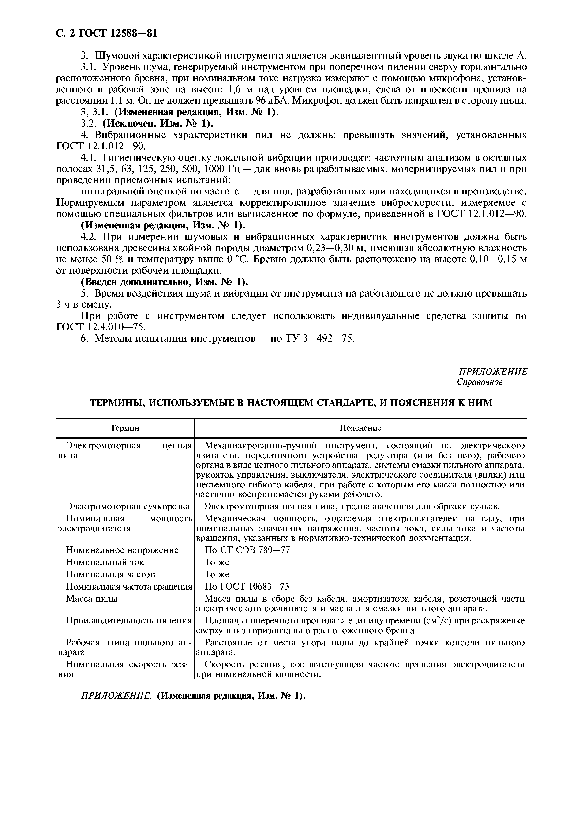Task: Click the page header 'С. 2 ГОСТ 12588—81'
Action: pos(107,33)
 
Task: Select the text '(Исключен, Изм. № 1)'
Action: pos(157,123)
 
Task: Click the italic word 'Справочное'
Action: pos(480,382)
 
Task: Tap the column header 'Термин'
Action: pos(125,428)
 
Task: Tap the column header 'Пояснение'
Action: pos(360,428)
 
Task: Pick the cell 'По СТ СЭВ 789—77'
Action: pos(247,550)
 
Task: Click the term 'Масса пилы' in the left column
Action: pos(92,599)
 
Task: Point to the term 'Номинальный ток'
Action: pos(105,562)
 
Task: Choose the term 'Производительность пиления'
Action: pos(129,621)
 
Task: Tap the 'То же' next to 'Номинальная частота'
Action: pos(217,574)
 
